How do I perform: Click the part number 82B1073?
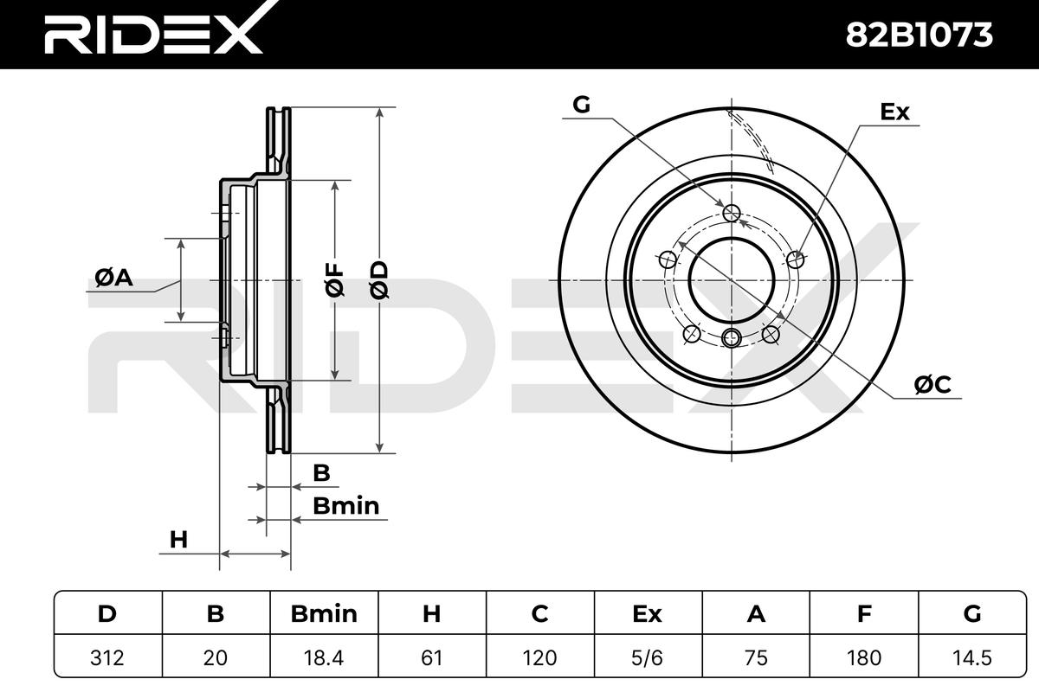[x=919, y=35]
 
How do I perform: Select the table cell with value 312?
[x=107, y=657]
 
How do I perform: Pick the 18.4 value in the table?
[x=324, y=657]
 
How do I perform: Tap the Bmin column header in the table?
[x=324, y=613]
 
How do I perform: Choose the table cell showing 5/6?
[x=648, y=657]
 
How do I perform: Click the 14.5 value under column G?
[x=972, y=657]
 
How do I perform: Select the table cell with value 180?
[x=864, y=657]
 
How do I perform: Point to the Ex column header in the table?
[x=648, y=613]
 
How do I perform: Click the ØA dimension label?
[x=114, y=278]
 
